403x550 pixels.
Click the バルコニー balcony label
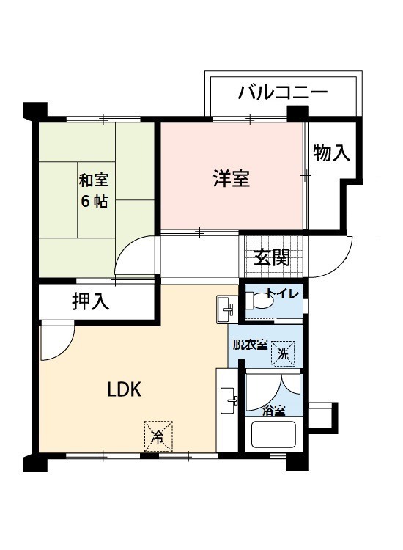pyautogui.click(x=282, y=92)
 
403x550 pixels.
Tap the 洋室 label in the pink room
pyautogui.click(x=232, y=178)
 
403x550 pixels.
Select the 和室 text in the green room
pyautogui.click(x=94, y=180)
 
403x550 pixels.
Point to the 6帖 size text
pyautogui.click(x=95, y=201)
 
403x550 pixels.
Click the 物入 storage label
pyautogui.click(x=331, y=153)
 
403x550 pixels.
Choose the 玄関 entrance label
pyautogui.click(x=272, y=258)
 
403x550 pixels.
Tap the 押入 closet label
pyautogui.click(x=91, y=301)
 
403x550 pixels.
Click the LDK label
pyautogui.click(x=124, y=389)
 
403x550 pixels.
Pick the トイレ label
pyautogui.click(x=283, y=293)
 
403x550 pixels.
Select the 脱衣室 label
pyautogui.click(x=250, y=345)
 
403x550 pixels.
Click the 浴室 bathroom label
pyautogui.click(x=274, y=411)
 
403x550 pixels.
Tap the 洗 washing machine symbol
pyautogui.click(x=283, y=354)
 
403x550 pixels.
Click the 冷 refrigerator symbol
pyautogui.click(x=158, y=436)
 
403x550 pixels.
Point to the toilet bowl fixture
pyautogui.click(x=259, y=300)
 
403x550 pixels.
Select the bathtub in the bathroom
pyautogui.click(x=274, y=434)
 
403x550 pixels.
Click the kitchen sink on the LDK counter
pyautogui.click(x=229, y=401)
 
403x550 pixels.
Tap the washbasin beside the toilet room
pyautogui.click(x=226, y=309)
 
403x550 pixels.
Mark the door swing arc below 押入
pyautogui.click(x=64, y=350)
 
